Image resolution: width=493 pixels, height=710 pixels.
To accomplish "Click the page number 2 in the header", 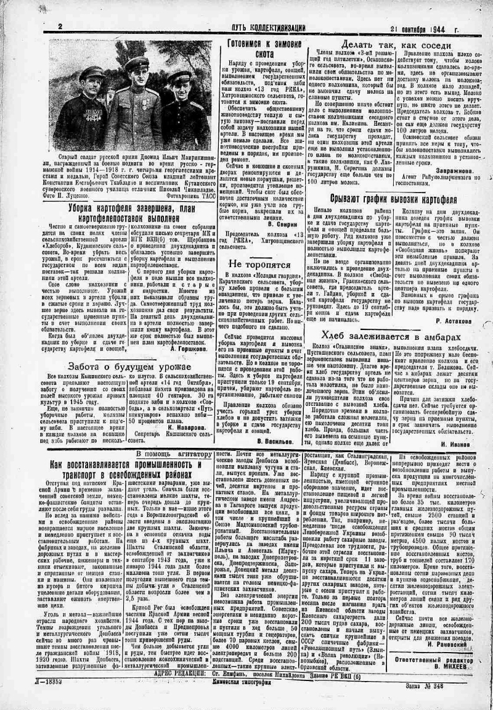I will (x=60, y=27).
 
